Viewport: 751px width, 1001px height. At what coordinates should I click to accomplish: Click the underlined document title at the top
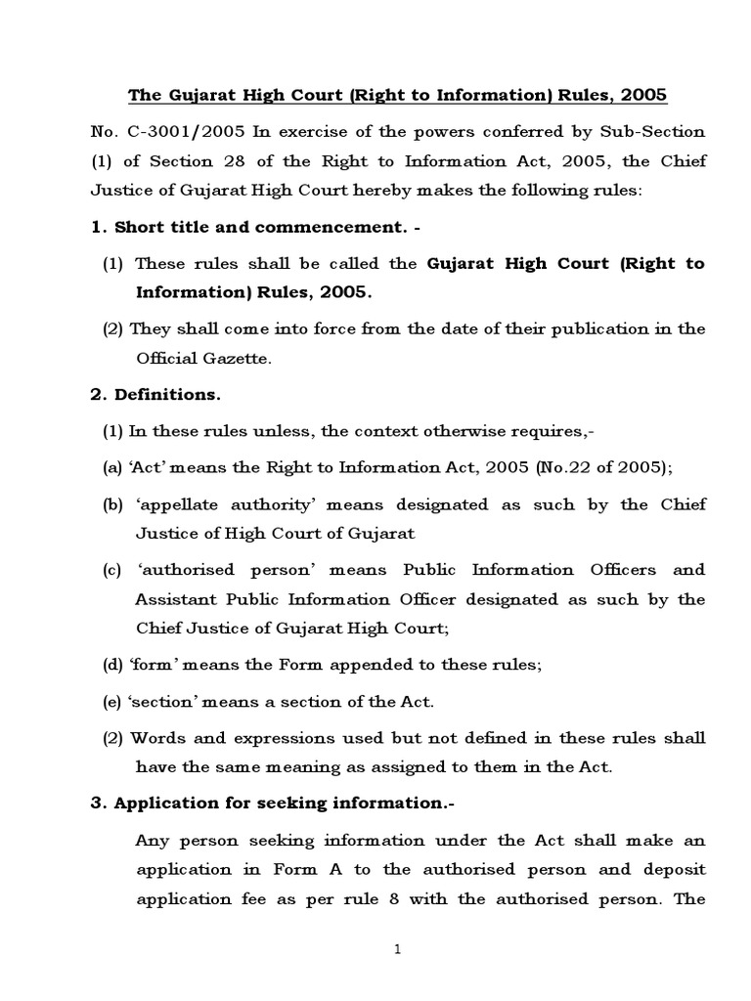(399, 96)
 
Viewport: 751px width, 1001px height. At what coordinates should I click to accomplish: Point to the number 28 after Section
(240, 160)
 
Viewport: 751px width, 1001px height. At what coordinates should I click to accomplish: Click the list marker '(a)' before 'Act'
(112, 467)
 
